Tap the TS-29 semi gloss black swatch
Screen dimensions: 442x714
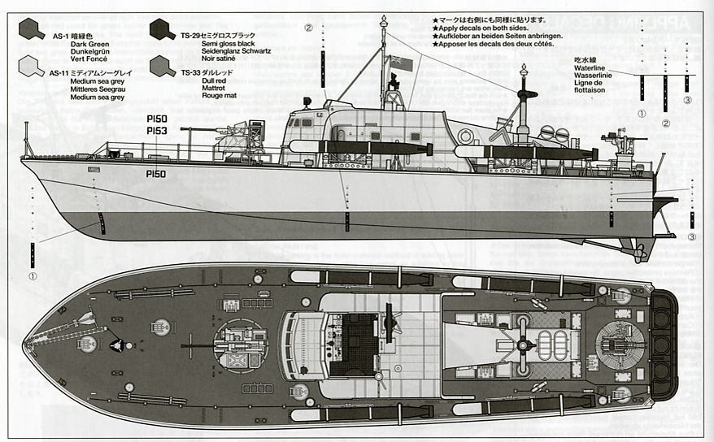coord(163,30)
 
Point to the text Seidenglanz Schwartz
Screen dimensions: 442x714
coord(237,51)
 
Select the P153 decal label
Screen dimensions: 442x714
coord(156,130)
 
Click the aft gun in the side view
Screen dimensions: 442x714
coord(622,142)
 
